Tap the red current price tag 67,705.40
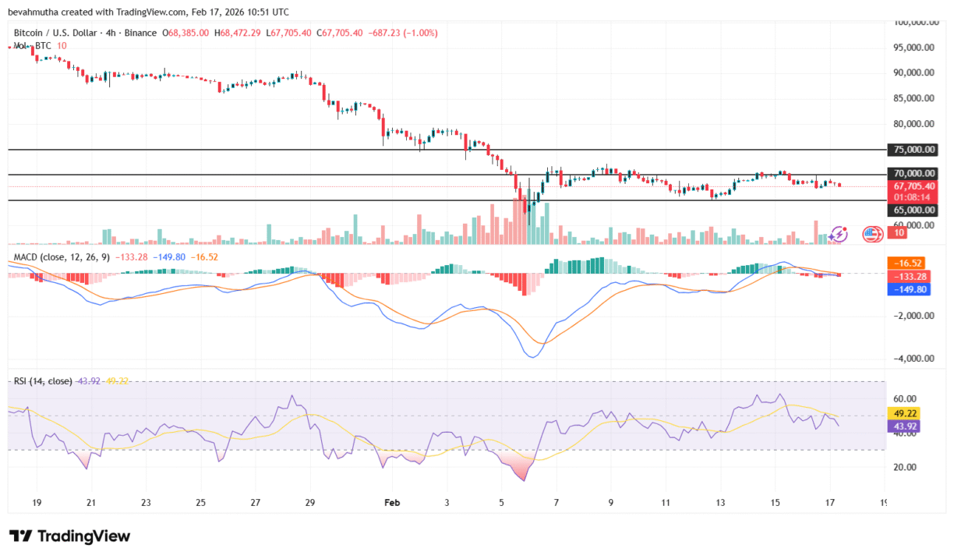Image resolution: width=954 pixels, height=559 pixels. point(913,186)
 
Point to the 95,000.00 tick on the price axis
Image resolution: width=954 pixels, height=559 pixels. point(913,48)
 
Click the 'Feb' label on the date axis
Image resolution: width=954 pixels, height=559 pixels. point(393,503)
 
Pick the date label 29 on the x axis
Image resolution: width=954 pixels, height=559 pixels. point(310,503)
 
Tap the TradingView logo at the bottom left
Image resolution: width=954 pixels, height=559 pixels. point(69,536)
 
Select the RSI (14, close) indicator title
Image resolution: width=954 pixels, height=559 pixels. point(43,381)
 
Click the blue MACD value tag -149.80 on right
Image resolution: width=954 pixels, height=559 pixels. point(907,289)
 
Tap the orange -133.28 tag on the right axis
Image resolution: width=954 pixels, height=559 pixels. point(907,276)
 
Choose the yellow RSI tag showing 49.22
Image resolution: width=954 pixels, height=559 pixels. point(906,413)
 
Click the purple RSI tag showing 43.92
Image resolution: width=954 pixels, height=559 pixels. point(906,426)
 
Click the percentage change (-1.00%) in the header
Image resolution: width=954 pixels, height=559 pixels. point(419,33)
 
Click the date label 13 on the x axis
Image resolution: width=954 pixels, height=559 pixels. point(720,503)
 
